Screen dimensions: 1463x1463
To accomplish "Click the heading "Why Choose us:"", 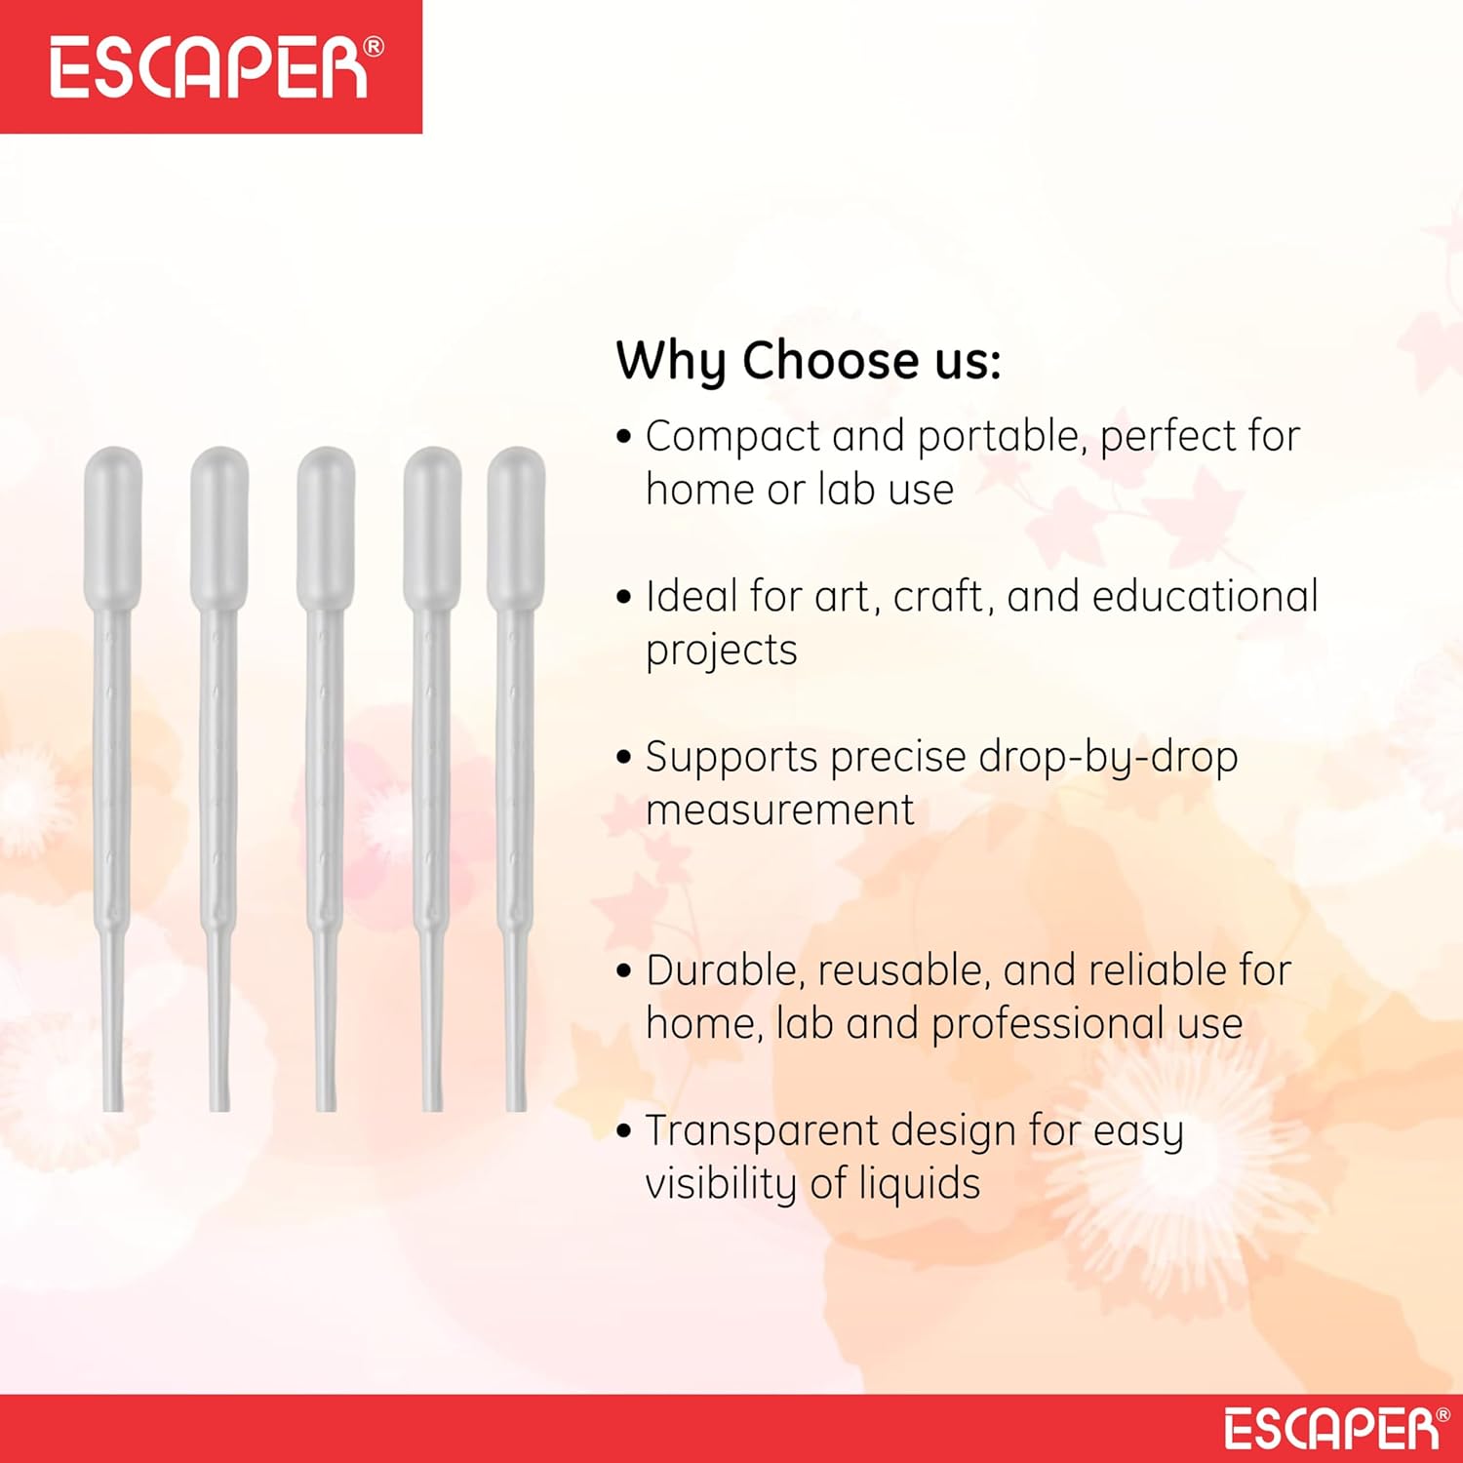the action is coord(809,362).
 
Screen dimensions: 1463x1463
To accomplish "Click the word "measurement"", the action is coord(780,811).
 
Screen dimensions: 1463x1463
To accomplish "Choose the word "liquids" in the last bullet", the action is coord(920,1185).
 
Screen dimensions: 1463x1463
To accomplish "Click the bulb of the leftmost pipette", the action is coord(113,528).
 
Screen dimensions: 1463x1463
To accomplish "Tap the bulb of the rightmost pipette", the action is coord(516,528).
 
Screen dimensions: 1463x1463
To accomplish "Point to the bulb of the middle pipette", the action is coord(326,528).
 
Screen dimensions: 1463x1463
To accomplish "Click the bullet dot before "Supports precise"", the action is coord(624,757).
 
